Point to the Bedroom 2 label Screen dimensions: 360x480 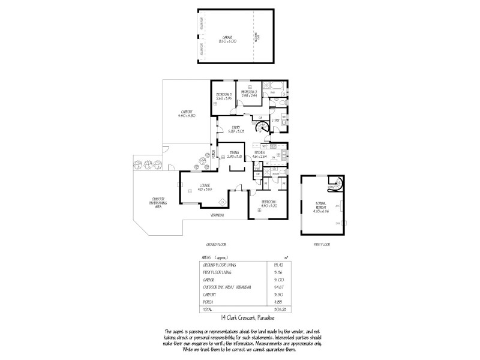click(x=250, y=93)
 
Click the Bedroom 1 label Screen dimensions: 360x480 click(x=268, y=204)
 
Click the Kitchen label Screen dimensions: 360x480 click(x=259, y=155)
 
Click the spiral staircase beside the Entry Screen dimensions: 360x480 click(x=262, y=128)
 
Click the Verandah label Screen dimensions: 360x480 click(x=217, y=215)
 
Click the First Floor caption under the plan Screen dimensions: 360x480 click(x=322, y=245)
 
